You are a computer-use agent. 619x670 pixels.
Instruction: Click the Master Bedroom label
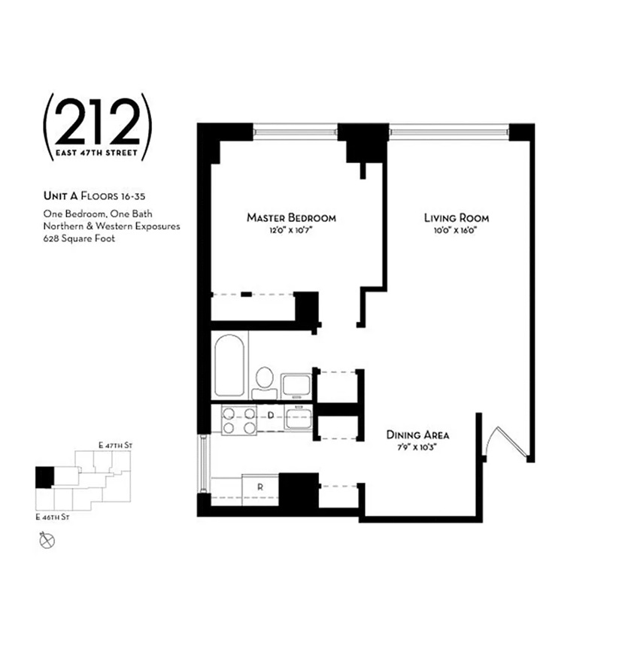291,218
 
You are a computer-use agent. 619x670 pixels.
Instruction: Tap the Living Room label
456,218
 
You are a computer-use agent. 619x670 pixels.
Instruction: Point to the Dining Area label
417,435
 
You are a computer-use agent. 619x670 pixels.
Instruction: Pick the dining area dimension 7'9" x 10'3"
417,447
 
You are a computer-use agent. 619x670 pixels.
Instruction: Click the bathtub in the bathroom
229,366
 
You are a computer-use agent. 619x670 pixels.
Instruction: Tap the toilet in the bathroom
263,380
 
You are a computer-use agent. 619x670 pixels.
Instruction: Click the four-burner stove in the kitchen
238,419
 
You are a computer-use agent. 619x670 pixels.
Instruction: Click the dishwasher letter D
271,415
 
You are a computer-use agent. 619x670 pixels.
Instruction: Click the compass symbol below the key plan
47,539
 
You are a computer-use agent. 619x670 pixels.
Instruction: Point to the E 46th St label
52,517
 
